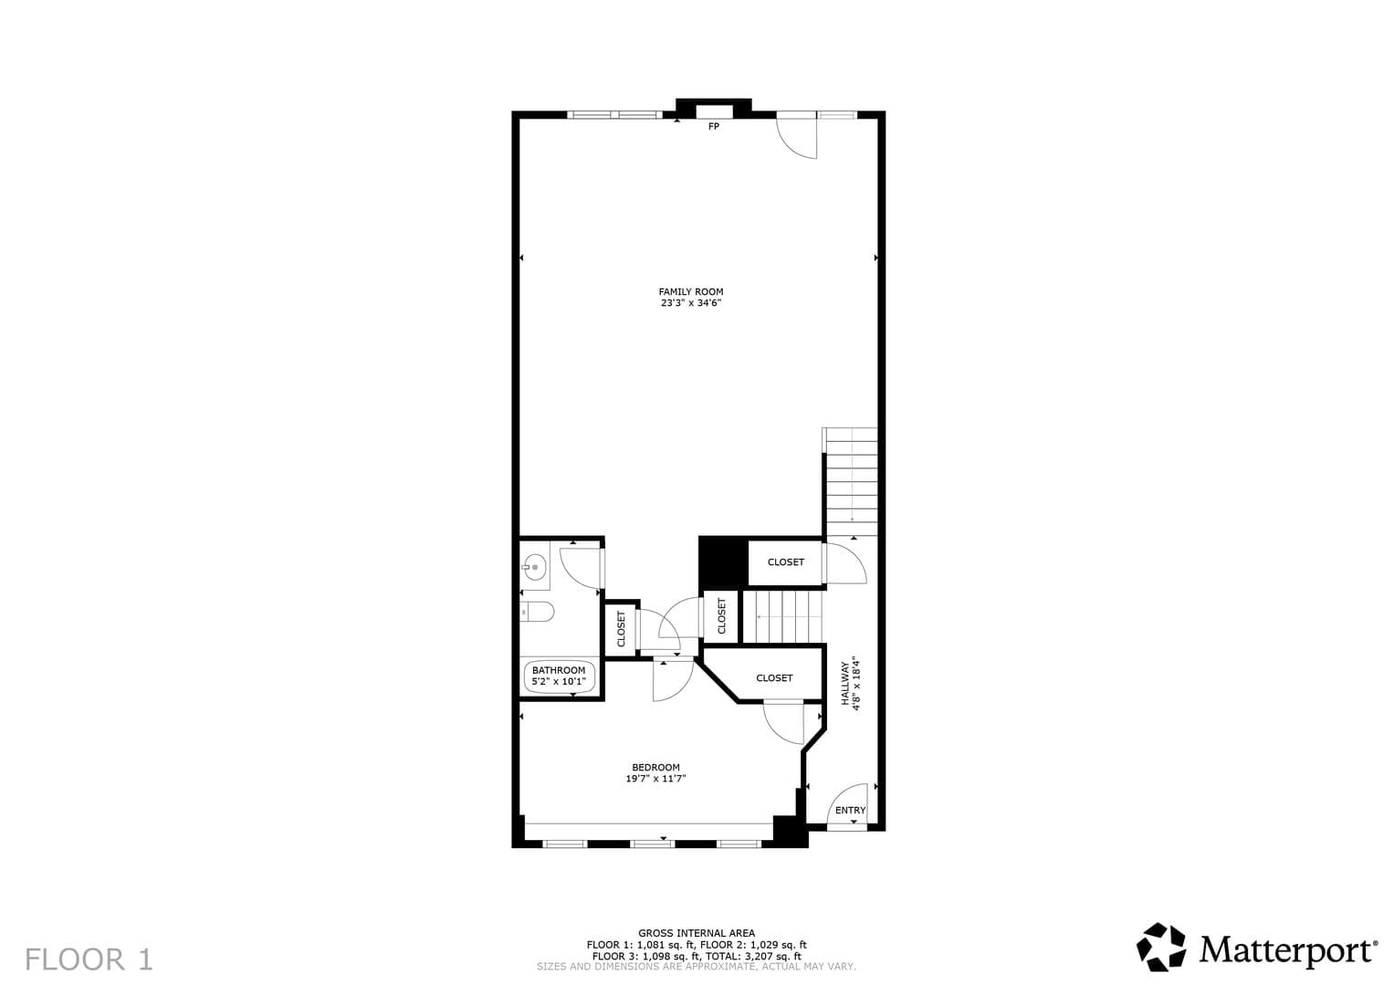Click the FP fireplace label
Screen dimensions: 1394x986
714,126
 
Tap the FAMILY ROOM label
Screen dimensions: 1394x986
691,291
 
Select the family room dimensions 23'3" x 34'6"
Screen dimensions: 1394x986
691,303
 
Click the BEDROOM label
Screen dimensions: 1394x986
656,768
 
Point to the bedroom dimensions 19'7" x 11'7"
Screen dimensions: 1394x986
656,778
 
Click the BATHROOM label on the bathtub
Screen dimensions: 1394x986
558,670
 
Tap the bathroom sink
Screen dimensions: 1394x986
534,567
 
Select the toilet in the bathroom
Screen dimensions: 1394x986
537,612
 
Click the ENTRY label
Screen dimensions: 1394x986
850,811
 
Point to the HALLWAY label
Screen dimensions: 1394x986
844,684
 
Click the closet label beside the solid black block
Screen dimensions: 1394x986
785,562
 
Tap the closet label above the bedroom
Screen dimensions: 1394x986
774,677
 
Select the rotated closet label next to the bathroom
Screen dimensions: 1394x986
621,629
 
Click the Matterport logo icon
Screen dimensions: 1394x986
1160,947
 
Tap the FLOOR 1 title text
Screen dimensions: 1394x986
89,960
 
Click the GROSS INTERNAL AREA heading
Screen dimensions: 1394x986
697,933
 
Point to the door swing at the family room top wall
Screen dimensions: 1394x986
797,138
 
